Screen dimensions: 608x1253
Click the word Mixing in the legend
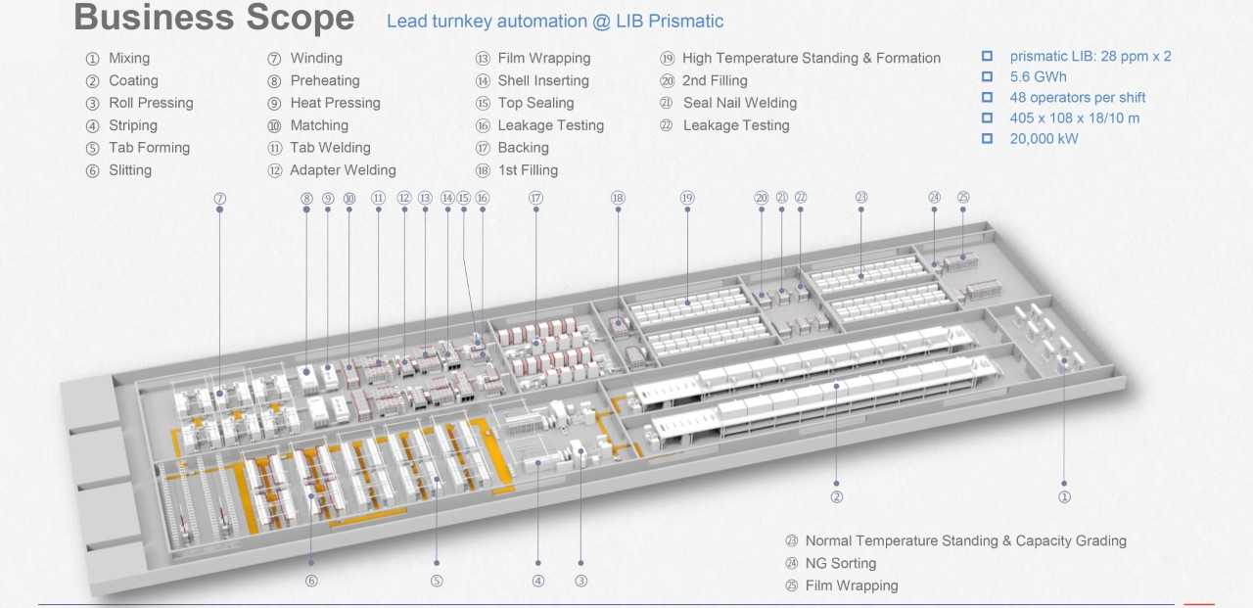[129, 59]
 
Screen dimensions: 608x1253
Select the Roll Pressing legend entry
[151, 103]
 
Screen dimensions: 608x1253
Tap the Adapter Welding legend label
[343, 170]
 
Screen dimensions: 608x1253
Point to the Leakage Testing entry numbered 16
[550, 125]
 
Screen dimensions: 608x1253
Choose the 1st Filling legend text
[528, 170]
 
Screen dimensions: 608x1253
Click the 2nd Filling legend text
[715, 81]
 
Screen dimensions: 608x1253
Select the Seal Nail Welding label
[739, 103]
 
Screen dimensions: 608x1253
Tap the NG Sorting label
[840, 563]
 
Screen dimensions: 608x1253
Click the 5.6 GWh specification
[1038, 76]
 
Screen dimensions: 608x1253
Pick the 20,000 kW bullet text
[1044, 139]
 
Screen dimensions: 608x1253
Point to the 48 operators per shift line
[1077, 98]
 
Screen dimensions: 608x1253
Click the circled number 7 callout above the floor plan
[220, 199]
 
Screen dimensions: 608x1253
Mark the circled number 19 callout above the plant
[687, 198]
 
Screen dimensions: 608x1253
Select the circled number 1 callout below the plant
[1065, 496]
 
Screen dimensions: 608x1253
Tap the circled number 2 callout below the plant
[837, 496]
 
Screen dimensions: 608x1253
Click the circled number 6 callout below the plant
[311, 581]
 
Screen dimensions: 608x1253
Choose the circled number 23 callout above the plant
[861, 198]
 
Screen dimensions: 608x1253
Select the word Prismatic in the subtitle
[684, 21]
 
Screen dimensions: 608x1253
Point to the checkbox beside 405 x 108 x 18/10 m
[987, 118]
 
